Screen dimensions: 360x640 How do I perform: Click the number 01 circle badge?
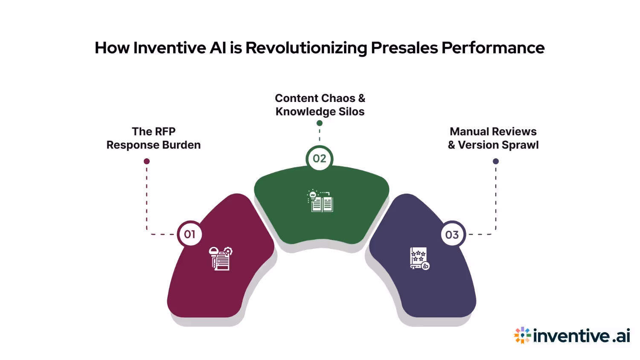(189, 234)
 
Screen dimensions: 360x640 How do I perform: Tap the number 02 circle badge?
(320, 159)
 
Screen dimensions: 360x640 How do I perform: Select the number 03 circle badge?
(452, 235)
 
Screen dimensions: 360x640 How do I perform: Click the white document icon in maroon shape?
(221, 258)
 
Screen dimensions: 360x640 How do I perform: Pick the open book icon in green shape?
(320, 201)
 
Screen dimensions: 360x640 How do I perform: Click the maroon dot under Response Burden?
(147, 161)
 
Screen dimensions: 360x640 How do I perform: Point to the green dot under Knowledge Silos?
(320, 123)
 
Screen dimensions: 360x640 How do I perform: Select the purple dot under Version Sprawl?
(496, 161)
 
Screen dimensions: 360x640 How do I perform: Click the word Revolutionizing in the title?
(306, 48)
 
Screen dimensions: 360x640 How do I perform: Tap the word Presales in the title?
(404, 48)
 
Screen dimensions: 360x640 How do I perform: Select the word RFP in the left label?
(165, 131)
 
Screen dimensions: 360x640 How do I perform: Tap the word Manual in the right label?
(469, 131)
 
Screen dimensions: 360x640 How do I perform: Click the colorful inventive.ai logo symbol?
(522, 335)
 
